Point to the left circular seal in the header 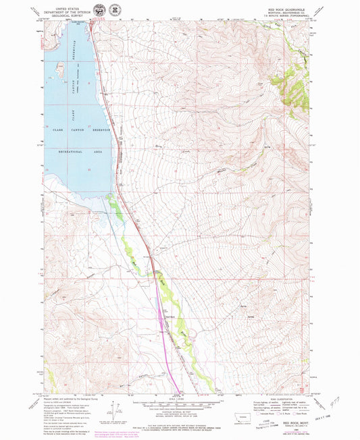point(99,11)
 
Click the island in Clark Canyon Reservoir point(57,67)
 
